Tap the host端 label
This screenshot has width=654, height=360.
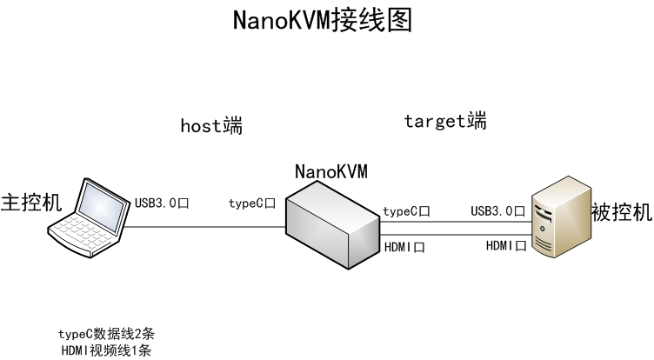(210, 126)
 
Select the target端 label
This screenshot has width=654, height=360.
(444, 121)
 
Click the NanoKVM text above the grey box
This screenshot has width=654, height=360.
(330, 170)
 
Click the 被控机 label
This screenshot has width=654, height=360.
(620, 210)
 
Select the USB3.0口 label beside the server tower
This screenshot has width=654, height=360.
(497, 210)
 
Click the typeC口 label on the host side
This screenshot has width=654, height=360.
(251, 203)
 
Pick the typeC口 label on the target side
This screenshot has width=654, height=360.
(406, 211)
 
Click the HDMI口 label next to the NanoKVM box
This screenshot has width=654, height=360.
(404, 247)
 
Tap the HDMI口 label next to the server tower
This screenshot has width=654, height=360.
(505, 245)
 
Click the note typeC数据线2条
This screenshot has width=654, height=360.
(106, 334)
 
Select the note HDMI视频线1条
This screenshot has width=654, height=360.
(106, 350)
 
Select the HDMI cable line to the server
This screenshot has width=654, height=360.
(452, 235)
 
